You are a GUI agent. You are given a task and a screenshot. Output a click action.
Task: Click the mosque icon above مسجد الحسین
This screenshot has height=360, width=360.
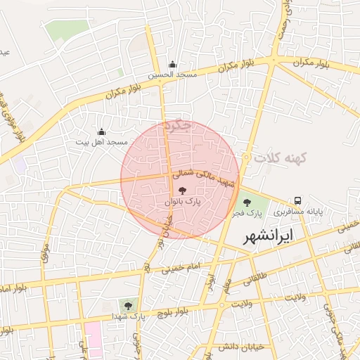pos(172,64)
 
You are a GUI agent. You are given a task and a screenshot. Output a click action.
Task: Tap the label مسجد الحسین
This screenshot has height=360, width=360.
pos(172,74)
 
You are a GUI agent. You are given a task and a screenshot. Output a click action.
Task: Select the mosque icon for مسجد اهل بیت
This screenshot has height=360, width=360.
pos(101,131)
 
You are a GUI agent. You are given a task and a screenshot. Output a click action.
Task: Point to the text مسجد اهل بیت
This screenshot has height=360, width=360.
pos(102,142)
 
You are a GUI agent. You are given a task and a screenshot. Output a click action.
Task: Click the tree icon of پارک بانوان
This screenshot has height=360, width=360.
pos(183,191)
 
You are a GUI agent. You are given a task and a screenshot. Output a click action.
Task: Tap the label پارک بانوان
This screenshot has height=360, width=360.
pos(183,201)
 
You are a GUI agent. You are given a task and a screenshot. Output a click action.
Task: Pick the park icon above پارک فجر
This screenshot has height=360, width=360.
pos(246,202)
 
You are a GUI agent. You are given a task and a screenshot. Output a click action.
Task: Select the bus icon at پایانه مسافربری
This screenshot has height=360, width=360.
pos(298,200)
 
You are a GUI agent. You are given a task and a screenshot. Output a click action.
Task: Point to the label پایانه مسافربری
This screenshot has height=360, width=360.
pos(298,210)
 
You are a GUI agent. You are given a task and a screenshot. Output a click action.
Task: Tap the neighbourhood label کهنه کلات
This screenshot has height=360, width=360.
pos(283,157)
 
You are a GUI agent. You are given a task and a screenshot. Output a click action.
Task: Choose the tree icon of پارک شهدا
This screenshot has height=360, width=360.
pos(128,305)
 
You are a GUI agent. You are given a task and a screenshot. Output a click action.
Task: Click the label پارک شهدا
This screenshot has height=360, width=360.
pos(128,316)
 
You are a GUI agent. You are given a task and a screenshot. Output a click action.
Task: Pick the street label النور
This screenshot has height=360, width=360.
pos(210,278)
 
